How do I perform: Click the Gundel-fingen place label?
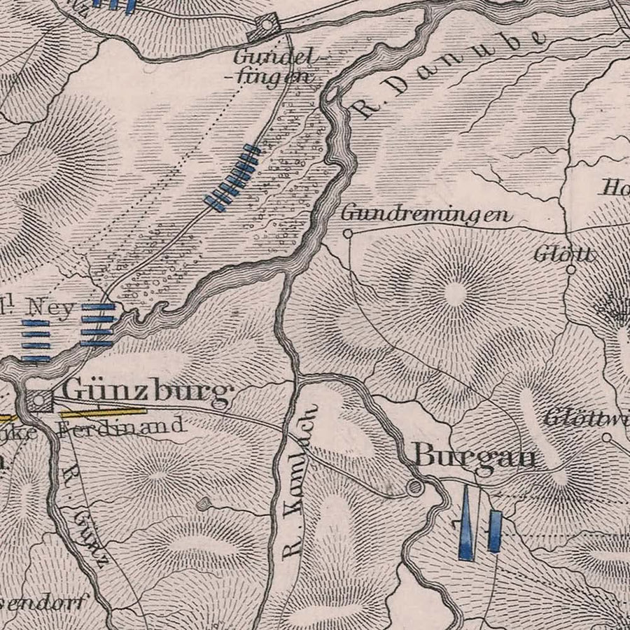273,66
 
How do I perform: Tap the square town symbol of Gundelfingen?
267,27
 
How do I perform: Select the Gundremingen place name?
426,214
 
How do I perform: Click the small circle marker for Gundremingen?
347,234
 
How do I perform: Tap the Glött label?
563,253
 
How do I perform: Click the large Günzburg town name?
147,392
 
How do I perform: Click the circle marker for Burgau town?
416,488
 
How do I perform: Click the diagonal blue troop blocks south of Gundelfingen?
232,178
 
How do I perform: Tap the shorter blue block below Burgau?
495,531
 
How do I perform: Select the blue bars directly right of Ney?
97,325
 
